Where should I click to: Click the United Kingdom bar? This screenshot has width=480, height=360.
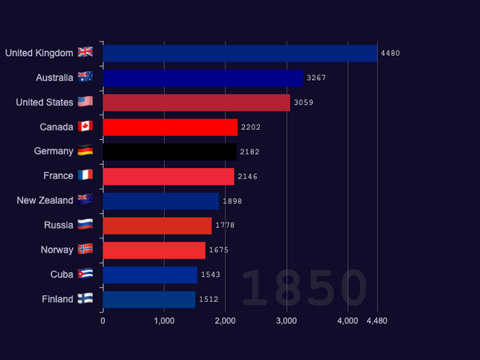(240, 54)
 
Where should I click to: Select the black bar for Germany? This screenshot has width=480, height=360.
(170, 152)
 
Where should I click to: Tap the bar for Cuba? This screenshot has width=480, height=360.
(150, 275)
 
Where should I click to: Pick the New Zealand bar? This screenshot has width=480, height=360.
(161, 201)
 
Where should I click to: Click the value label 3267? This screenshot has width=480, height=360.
(316, 78)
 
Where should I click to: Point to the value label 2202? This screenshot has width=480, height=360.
(250, 127)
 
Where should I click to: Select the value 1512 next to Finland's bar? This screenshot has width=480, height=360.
(209, 299)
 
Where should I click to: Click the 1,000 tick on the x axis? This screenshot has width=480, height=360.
(164, 321)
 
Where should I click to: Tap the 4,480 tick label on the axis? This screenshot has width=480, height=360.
(377, 321)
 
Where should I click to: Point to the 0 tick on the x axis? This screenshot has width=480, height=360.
(103, 321)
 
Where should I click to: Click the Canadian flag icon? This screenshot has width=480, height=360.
(85, 126)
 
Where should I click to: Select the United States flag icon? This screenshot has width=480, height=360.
(85, 102)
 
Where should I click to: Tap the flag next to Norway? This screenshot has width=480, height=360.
(85, 249)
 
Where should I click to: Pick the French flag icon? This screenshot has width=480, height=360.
(85, 175)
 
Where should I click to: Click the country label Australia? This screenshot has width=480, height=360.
(54, 78)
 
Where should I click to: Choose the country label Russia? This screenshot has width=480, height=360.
(58, 226)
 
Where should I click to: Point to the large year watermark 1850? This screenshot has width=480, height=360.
(305, 288)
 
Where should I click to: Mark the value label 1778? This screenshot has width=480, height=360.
(225, 226)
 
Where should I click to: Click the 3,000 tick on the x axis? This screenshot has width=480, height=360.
(286, 321)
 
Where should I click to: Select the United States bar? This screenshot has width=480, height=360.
(197, 102)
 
